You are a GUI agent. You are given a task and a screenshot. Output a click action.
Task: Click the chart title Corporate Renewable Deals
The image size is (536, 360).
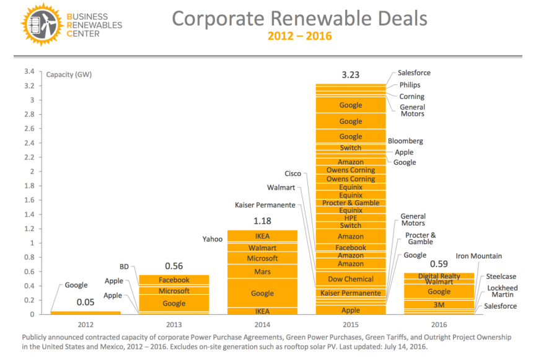[299, 18]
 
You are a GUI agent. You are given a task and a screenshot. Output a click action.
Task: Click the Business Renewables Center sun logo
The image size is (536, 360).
[35, 24]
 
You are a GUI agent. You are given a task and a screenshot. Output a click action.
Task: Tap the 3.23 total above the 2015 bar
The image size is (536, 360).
[350, 75]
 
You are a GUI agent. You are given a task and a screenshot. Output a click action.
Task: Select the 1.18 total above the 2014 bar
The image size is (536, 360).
[262, 221]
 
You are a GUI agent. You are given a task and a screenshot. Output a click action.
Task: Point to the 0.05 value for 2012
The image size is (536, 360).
[85, 302]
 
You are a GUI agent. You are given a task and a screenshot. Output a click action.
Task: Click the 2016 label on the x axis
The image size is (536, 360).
[439, 324]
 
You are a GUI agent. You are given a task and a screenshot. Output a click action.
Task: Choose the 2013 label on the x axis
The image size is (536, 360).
[174, 324]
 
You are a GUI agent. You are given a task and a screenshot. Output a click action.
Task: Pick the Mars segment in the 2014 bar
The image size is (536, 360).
[262, 271]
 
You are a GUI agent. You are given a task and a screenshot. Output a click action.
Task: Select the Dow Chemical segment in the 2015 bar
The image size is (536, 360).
[351, 279]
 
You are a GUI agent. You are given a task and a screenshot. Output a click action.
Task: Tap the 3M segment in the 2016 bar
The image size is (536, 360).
[439, 304]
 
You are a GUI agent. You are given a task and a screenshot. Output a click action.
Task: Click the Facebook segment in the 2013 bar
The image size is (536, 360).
[174, 280]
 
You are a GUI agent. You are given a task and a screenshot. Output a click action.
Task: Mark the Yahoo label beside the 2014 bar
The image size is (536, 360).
[212, 239]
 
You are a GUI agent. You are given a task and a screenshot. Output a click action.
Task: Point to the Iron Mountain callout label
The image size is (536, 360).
[478, 256]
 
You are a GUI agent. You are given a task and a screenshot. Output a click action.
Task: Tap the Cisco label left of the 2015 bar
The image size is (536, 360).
[292, 174]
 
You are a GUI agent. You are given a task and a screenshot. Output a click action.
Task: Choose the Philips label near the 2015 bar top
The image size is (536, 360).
[410, 85]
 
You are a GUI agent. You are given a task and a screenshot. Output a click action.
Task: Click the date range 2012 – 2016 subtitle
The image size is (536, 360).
[299, 36]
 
